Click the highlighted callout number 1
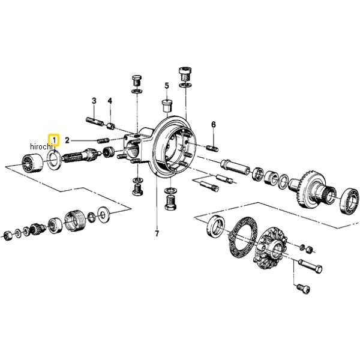click(x=55, y=140)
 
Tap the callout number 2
click(x=67, y=140)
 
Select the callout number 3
click(x=94, y=101)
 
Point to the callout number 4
click(x=110, y=101)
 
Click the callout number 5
click(x=167, y=86)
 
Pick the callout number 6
click(x=214, y=125)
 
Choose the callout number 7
click(x=157, y=234)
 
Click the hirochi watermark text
click(x=41, y=146)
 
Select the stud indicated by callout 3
click(x=95, y=122)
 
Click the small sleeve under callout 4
click(x=111, y=126)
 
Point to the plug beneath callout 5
click(x=167, y=106)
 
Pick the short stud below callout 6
click(x=212, y=148)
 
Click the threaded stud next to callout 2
click(x=104, y=140)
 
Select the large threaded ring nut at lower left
click(x=72, y=220)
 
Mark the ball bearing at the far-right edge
click(x=349, y=201)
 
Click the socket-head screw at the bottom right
click(x=303, y=288)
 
